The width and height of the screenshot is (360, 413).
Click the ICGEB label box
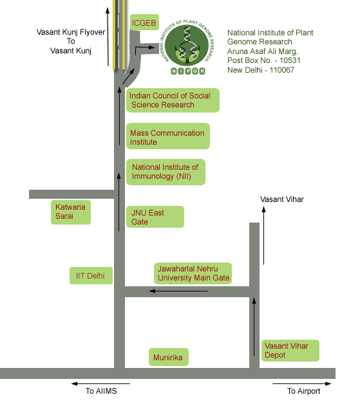tap(144, 23)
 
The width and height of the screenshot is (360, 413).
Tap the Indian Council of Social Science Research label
tap(173, 100)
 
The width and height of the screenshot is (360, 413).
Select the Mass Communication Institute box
tap(168, 136)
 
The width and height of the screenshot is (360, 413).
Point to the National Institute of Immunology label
tap(166, 172)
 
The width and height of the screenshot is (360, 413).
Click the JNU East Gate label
tap(155, 217)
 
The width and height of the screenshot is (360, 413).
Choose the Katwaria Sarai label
tap(71, 212)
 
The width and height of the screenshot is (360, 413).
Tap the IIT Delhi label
tap(91, 276)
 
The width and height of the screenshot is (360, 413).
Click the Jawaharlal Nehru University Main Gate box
tap(193, 273)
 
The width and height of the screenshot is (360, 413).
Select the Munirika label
tap(169, 357)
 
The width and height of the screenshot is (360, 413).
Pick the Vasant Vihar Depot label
tap(290, 351)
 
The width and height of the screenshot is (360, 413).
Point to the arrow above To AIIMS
tap(100, 384)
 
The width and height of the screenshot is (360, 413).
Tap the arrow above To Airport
tap(301, 384)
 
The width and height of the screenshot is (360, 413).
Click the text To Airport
tap(304, 391)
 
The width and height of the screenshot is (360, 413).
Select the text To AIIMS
tap(101, 391)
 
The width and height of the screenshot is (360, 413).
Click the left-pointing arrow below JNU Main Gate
tap(178, 291)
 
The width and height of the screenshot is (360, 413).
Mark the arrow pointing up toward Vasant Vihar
tap(263, 235)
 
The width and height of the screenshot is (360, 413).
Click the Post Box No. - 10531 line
tap(264, 60)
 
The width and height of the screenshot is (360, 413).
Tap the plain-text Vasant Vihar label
tap(282, 199)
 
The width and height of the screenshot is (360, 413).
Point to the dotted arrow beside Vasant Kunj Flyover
tap(108, 37)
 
